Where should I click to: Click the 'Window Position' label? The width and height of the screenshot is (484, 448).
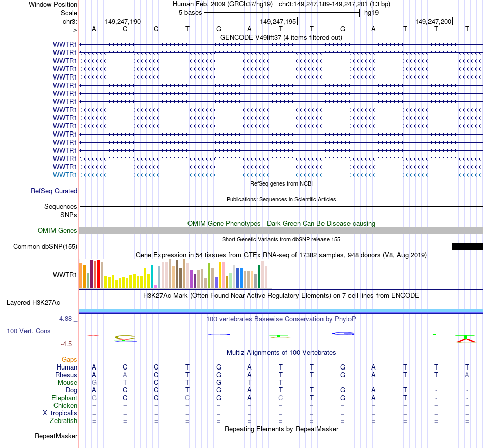tap(53, 4)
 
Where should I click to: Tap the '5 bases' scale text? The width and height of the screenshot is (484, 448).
tap(190, 13)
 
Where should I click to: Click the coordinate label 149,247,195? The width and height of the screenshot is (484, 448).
tap(278, 21)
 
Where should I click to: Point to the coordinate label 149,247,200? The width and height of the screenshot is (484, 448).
tap(433, 21)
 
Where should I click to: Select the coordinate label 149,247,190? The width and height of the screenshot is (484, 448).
tap(122, 21)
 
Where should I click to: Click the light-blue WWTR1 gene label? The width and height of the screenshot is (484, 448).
tap(65, 175)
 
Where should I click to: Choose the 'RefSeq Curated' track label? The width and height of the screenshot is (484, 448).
tap(54, 191)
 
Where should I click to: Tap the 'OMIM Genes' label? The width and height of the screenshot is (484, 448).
tap(58, 230)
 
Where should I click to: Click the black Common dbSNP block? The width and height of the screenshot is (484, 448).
tap(467, 247)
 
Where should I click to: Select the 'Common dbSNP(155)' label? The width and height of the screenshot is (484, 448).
tap(45, 247)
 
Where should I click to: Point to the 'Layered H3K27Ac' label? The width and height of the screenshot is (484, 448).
tap(33, 302)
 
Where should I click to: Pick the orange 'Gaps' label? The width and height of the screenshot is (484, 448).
tap(69, 359)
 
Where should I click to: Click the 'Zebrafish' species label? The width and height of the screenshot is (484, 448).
tap(64, 420)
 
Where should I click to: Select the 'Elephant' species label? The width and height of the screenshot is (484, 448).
tap(64, 398)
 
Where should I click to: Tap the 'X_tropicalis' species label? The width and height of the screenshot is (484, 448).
tap(60, 413)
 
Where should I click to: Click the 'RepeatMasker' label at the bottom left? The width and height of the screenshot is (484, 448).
tap(56, 436)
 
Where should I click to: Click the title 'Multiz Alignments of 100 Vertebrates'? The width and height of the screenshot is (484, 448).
tap(281, 352)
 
